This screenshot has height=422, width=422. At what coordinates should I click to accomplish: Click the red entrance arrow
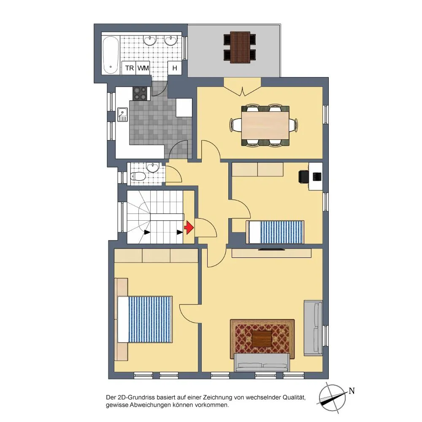(x=189, y=228)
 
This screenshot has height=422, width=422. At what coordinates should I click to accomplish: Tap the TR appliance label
(x=130, y=68)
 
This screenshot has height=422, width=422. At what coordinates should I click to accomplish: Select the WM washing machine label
(x=143, y=68)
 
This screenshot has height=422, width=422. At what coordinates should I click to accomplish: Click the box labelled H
(x=174, y=68)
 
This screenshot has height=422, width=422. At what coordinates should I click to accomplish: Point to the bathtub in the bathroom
(x=110, y=55)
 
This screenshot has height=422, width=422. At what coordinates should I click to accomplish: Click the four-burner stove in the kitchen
(x=140, y=93)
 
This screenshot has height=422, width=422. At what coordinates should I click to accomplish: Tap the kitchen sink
(x=122, y=114)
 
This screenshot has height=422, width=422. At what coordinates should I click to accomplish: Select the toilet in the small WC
(x=138, y=176)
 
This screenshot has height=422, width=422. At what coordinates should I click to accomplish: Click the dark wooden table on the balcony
(x=240, y=47)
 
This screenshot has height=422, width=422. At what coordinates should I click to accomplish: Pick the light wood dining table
(x=265, y=125)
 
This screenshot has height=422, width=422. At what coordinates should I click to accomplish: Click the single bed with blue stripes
(x=275, y=232)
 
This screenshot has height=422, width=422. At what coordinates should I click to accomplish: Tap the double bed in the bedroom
(x=145, y=319)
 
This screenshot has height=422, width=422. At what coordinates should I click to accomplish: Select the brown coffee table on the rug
(x=262, y=339)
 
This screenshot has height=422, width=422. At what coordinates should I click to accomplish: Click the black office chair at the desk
(x=304, y=177)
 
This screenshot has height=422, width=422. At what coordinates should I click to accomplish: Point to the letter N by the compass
(x=352, y=391)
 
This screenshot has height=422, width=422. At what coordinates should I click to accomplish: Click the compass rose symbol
(x=332, y=398)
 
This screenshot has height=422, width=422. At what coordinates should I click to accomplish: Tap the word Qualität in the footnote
(x=294, y=398)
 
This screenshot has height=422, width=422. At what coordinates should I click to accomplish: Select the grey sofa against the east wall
(x=313, y=328)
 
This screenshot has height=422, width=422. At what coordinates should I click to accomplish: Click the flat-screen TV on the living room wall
(x=271, y=249)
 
